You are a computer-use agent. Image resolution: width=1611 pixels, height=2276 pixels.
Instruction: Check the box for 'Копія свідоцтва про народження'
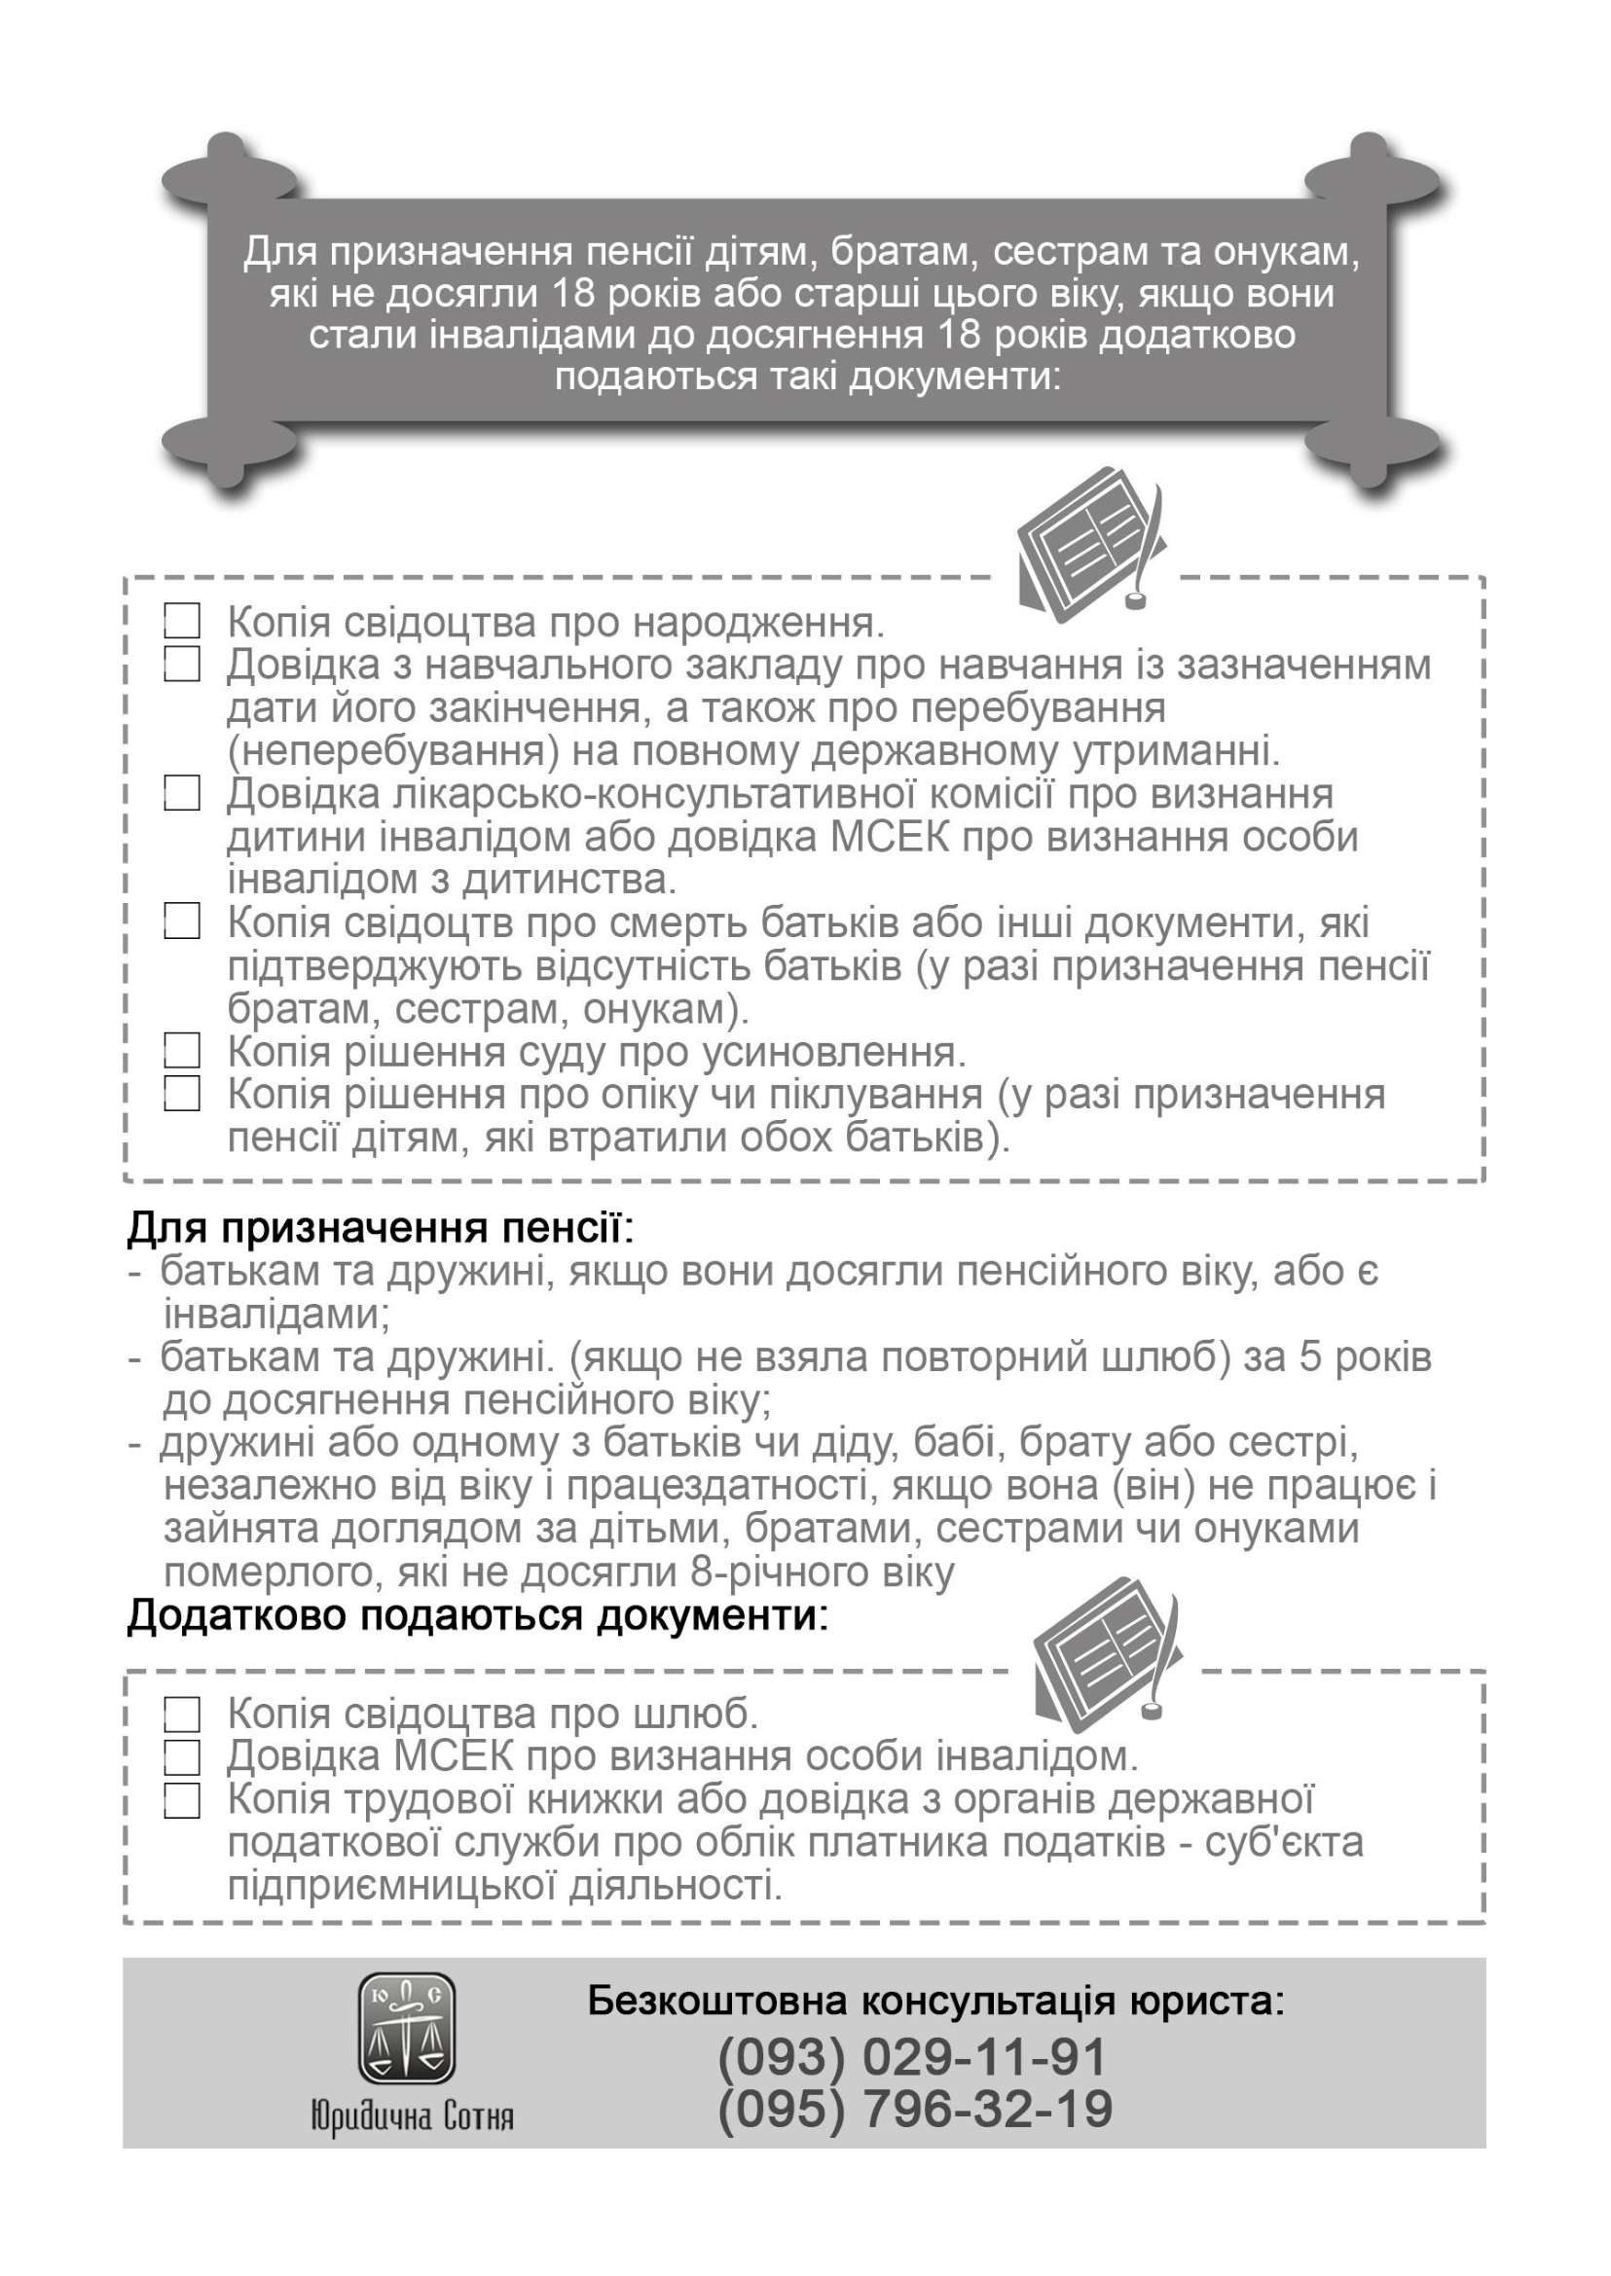181,622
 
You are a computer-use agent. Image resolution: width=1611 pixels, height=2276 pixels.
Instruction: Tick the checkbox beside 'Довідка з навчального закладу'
181,664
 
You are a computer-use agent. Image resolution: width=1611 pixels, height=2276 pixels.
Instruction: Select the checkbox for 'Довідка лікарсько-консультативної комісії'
181,793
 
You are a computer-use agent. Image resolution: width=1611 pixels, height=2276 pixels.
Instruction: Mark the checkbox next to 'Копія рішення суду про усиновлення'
181,1049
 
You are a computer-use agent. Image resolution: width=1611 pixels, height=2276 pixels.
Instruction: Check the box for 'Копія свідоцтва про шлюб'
181,1713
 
